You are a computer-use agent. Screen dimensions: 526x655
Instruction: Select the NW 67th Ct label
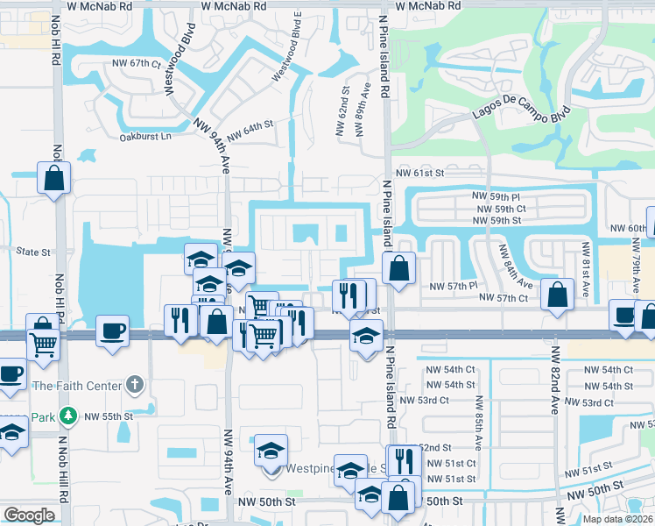pos(132,64)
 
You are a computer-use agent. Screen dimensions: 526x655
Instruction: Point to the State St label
pos(33,252)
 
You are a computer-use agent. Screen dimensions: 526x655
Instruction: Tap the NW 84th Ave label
pos(515,268)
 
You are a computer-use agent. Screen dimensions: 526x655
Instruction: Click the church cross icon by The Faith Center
pos(133,384)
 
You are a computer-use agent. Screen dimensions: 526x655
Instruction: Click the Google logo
pos(29,515)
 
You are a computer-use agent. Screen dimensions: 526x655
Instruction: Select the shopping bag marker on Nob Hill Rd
pos(54,178)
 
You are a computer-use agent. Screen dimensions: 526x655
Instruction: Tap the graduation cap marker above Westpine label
pos(271,451)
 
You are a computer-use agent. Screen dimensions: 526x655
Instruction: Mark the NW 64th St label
pos(250,132)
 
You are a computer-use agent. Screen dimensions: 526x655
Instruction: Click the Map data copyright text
pos(617,519)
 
